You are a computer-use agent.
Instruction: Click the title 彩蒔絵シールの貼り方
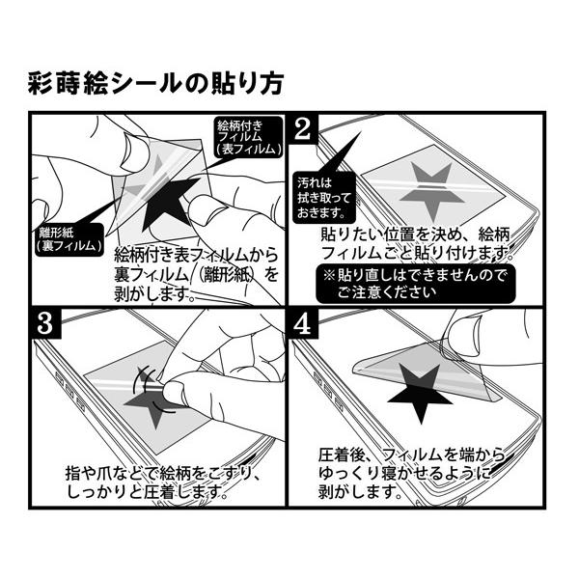(155, 84)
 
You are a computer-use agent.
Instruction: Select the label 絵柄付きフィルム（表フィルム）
(248, 138)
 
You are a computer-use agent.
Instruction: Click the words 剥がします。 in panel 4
(360, 493)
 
